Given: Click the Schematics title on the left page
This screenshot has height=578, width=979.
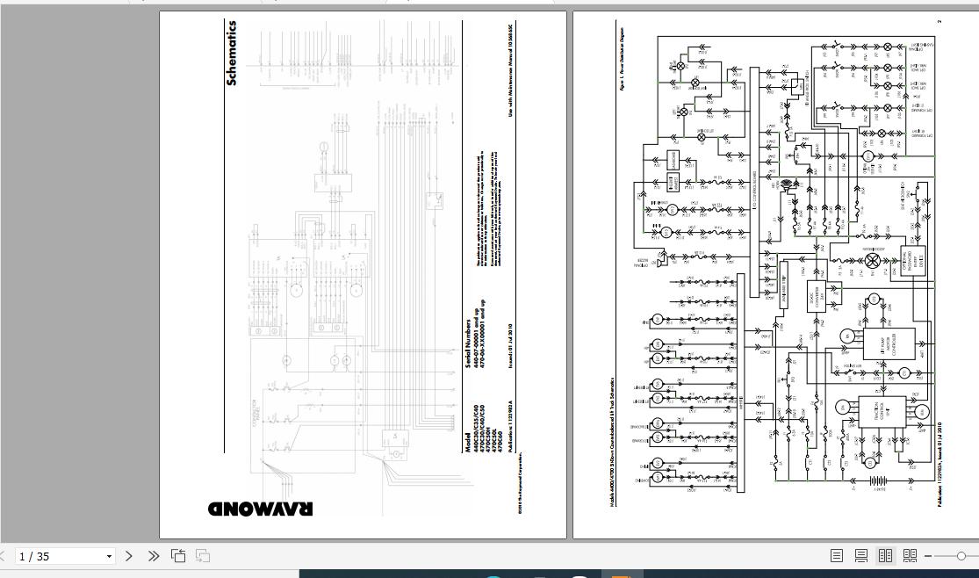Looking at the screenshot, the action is (232, 54).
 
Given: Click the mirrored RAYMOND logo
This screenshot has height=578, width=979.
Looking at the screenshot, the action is (260, 509).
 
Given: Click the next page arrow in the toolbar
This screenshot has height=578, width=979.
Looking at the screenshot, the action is (129, 556).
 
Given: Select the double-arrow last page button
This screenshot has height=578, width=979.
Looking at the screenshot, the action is (154, 556).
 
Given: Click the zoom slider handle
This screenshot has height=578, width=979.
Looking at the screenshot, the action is (961, 556).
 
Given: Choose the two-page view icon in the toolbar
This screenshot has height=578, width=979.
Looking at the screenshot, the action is (885, 556).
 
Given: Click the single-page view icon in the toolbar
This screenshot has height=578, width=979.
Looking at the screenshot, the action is (837, 556).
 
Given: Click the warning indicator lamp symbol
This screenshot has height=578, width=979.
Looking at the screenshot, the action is (872, 261).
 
